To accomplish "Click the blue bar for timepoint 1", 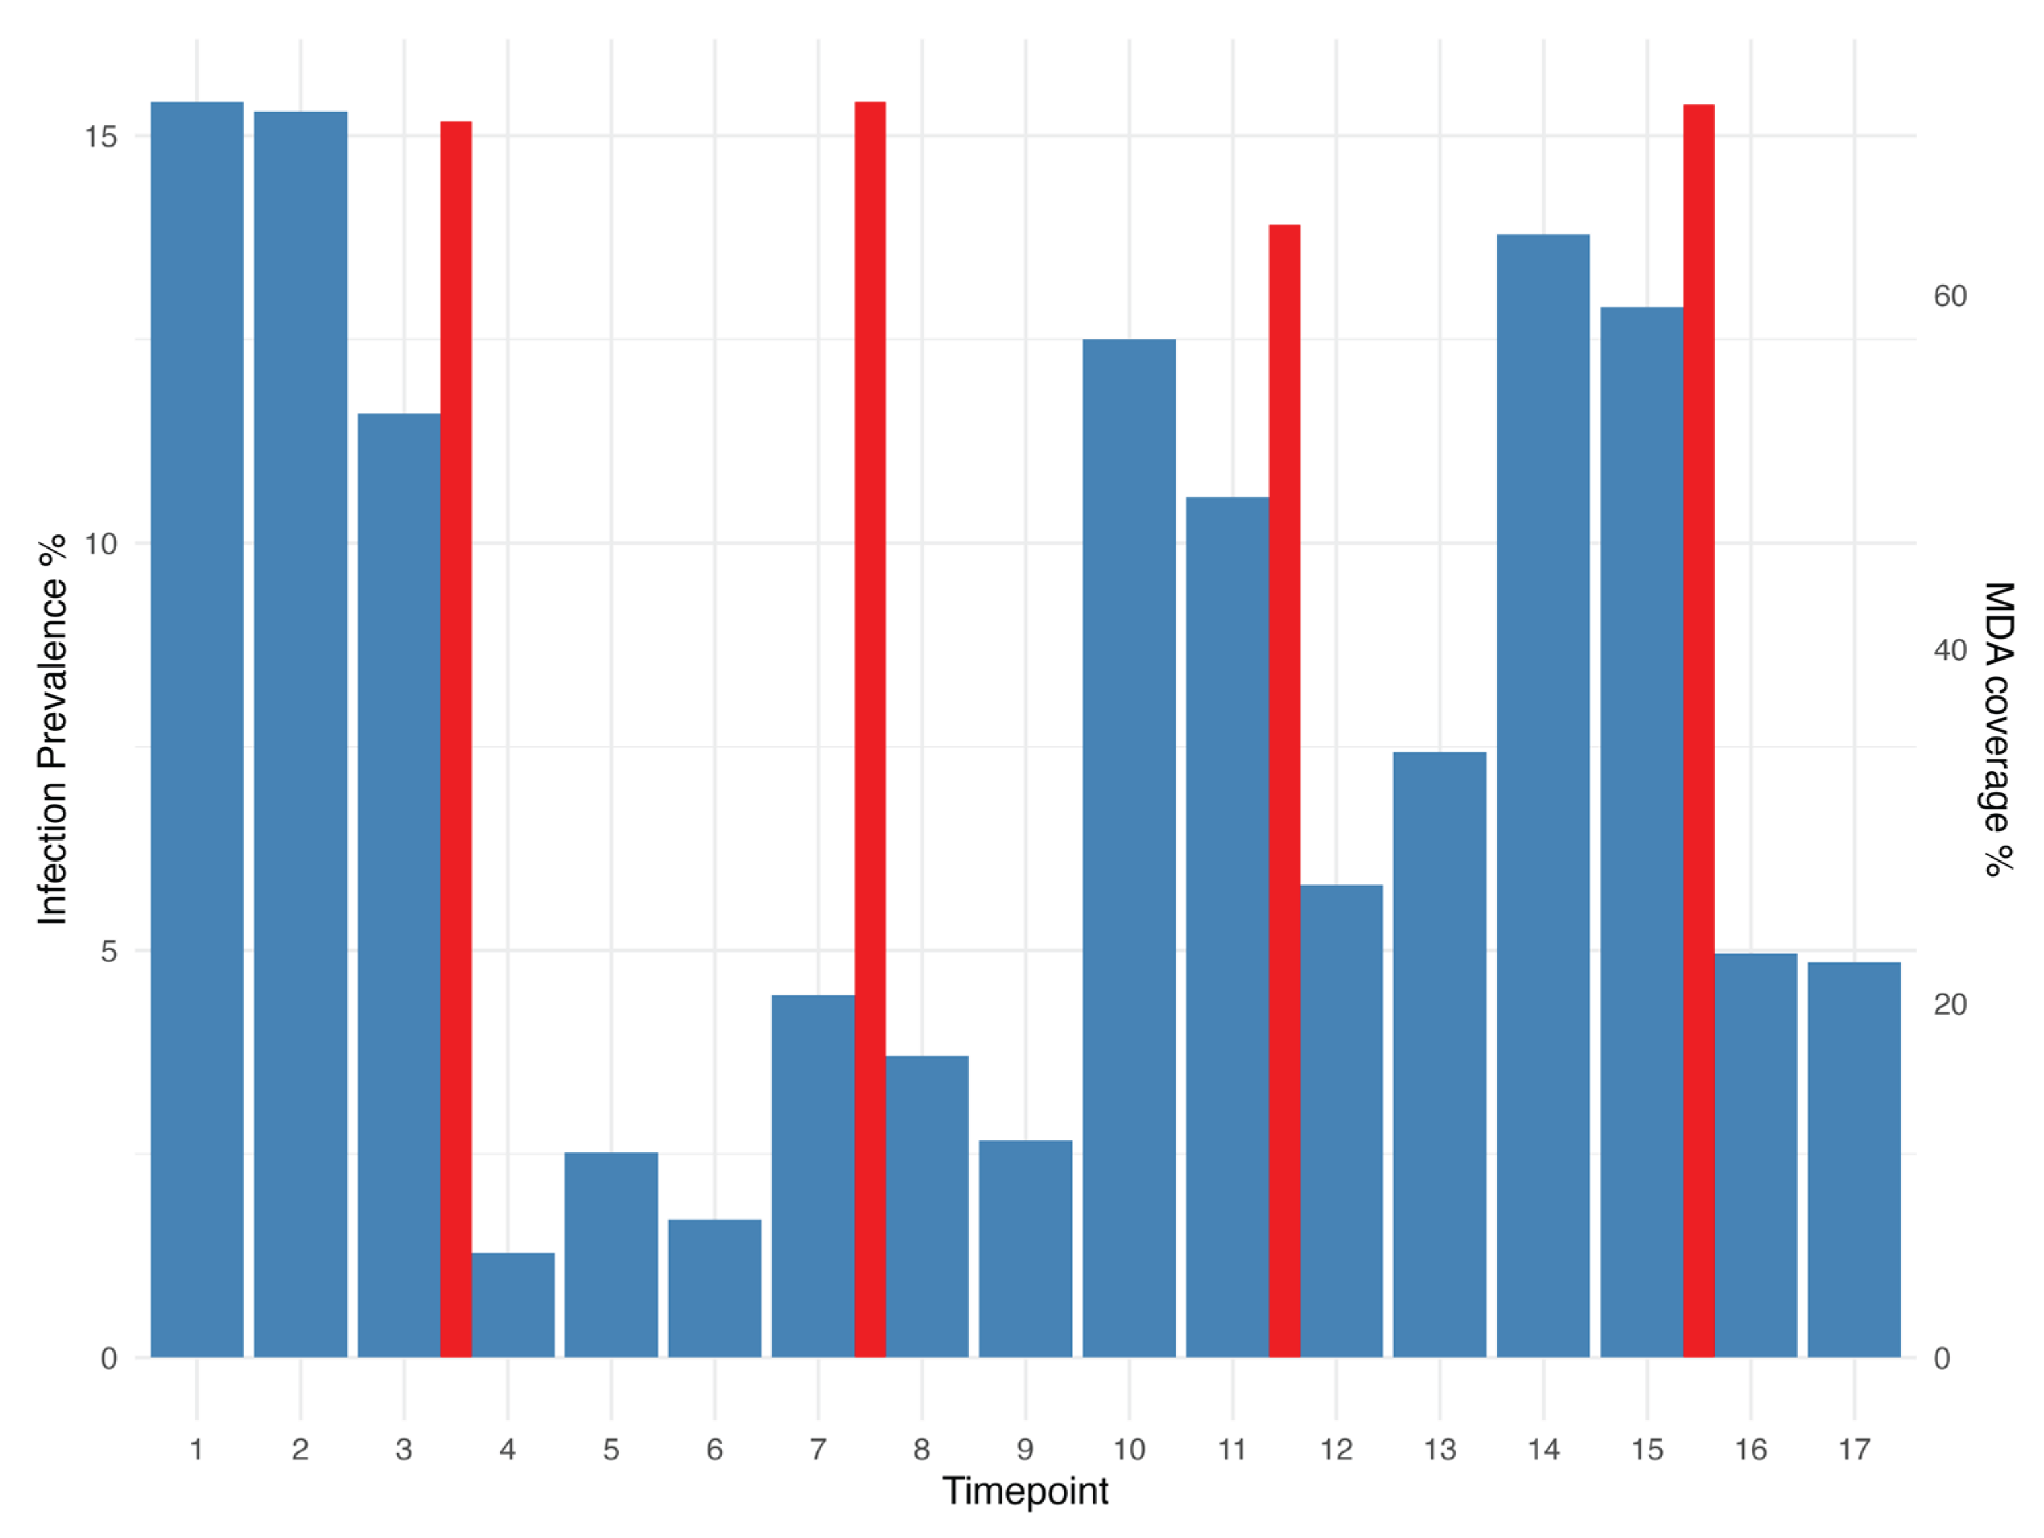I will (x=197, y=730).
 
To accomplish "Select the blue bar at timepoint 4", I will (x=513, y=1304).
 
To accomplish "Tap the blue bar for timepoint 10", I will (x=1129, y=849).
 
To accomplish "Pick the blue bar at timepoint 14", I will (x=1543, y=796).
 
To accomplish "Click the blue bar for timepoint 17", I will (x=1854, y=1160).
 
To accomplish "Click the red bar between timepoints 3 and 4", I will (x=456, y=740).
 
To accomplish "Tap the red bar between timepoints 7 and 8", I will (x=869, y=730).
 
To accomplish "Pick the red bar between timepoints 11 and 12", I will (x=1283, y=791).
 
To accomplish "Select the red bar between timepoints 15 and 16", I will (x=1699, y=731).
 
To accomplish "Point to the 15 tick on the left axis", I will (x=102, y=137).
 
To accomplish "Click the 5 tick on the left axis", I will (x=109, y=951).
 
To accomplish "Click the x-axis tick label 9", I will (x=1025, y=1450).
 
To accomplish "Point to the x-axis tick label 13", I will (x=1440, y=1450).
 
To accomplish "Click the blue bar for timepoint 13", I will (x=1440, y=1055).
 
